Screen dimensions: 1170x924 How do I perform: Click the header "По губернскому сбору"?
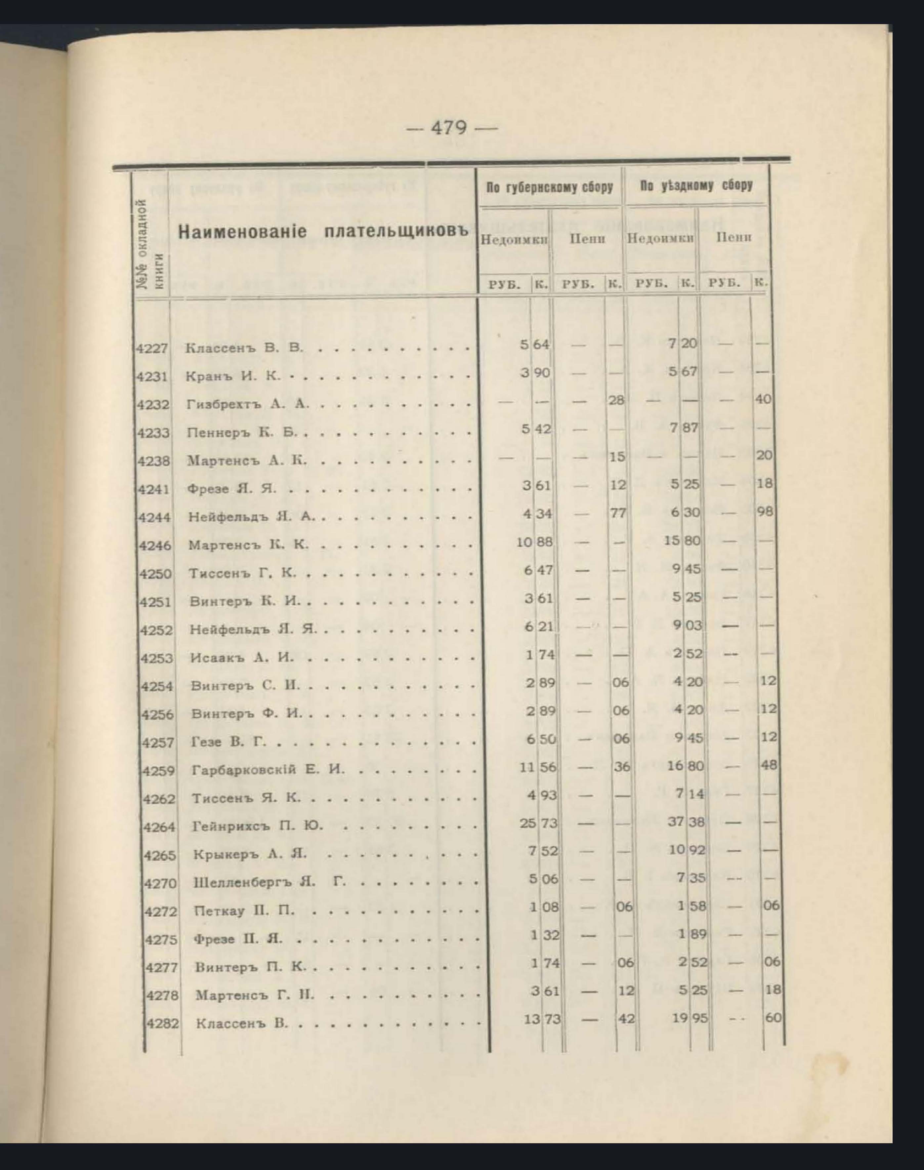(x=549, y=187)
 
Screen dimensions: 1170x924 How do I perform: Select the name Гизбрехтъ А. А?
(x=248, y=404)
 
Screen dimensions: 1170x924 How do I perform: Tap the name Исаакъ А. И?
(x=242, y=658)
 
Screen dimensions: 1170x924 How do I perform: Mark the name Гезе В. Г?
(x=229, y=742)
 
